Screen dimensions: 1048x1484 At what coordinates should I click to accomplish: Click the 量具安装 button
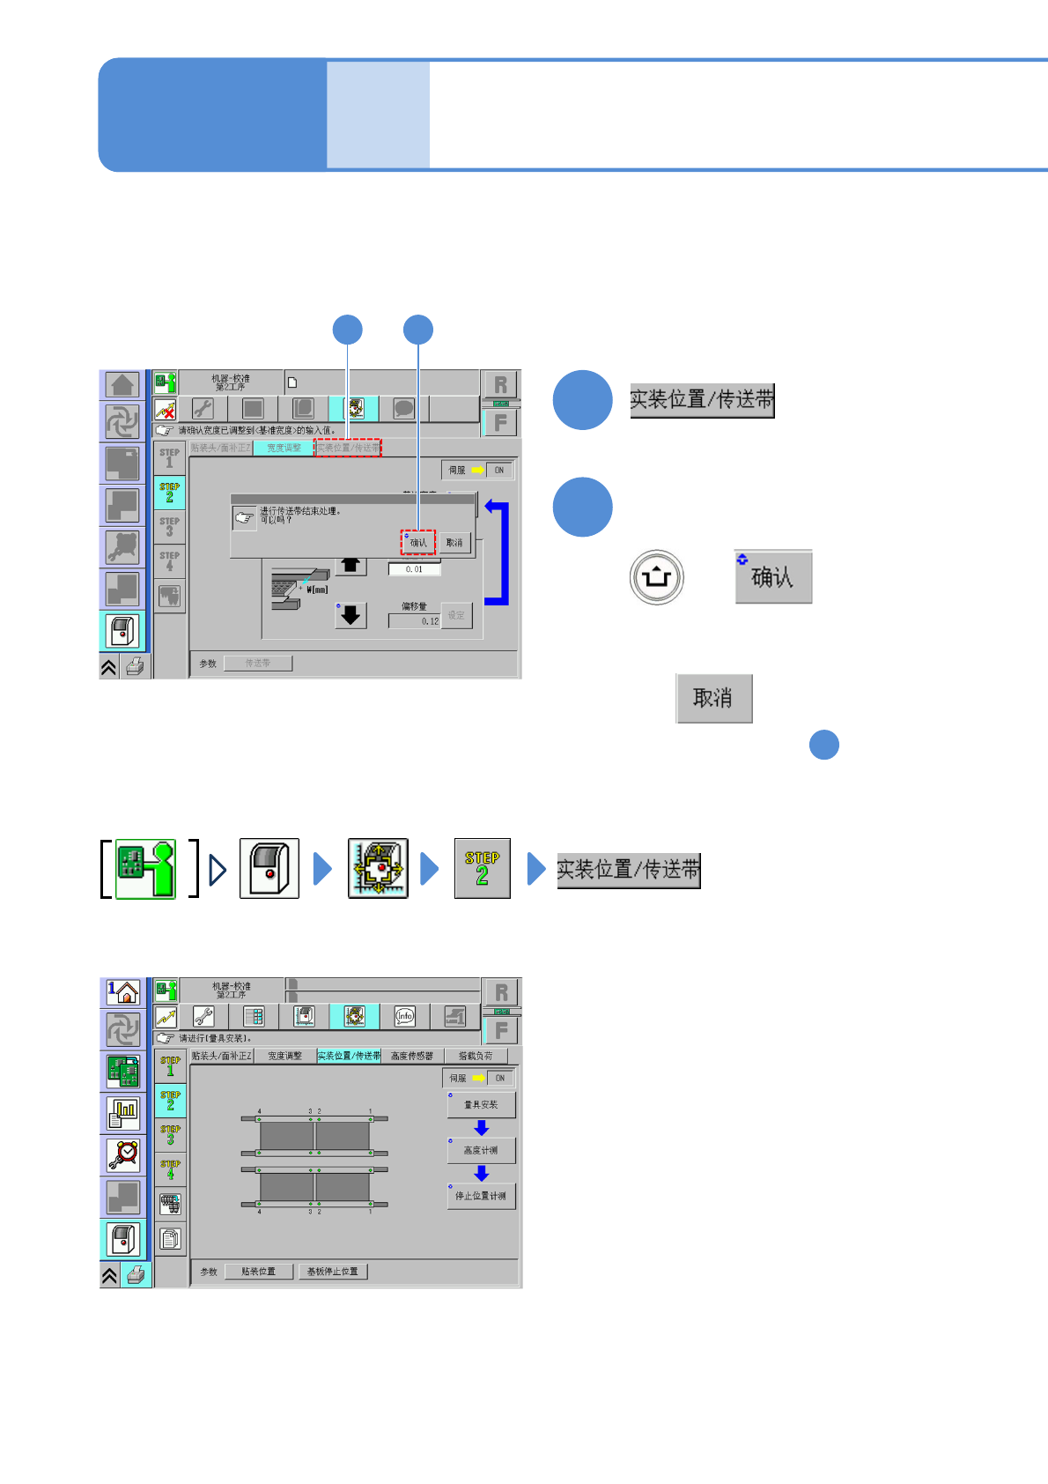click(x=481, y=1105)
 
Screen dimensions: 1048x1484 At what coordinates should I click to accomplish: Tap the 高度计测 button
click(x=481, y=1151)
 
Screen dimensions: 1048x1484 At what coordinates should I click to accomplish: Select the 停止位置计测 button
click(x=481, y=1197)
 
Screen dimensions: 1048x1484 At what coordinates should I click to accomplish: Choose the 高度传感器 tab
click(x=412, y=1056)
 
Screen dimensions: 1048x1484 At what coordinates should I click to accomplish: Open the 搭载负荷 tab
click(x=476, y=1056)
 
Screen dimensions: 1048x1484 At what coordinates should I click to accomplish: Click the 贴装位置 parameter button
click(x=258, y=1272)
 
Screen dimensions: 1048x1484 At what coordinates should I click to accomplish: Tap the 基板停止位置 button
click(x=332, y=1272)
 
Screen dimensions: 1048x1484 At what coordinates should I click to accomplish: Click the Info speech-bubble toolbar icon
click(x=404, y=1016)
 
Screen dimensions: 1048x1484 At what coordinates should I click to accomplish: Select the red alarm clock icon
click(x=123, y=1154)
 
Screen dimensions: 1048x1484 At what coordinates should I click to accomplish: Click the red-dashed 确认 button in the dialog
click(x=418, y=543)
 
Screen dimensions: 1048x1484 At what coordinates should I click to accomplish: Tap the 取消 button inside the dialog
click(x=454, y=543)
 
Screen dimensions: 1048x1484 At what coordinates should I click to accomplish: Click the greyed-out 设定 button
click(x=456, y=615)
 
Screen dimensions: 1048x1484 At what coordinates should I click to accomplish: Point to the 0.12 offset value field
click(x=414, y=621)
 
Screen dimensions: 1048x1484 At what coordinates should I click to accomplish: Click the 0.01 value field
click(x=414, y=569)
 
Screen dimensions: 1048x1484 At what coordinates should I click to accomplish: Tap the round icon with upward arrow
click(x=657, y=577)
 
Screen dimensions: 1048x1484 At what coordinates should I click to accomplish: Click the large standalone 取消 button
click(x=713, y=698)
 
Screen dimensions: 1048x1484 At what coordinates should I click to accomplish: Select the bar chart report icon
click(x=123, y=1114)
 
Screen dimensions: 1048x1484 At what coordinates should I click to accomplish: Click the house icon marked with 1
click(x=123, y=993)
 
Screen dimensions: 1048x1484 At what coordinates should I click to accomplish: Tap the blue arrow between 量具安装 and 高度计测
click(x=481, y=1128)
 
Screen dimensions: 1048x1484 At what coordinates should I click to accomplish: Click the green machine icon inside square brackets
click(x=146, y=869)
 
